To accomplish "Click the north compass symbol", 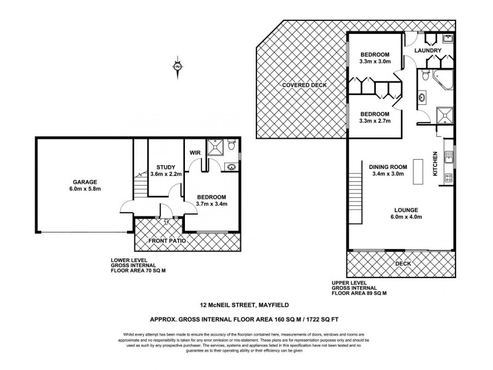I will tap(177, 67).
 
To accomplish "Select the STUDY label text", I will tap(166, 167).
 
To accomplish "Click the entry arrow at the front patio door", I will tap(166, 221).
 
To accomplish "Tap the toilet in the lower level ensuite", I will tap(230, 146).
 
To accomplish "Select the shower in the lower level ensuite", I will tap(216, 147).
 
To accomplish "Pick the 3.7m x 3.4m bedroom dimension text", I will tap(212, 203).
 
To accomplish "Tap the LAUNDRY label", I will tap(426, 51).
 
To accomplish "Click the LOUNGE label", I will tap(404, 209).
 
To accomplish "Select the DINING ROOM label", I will tap(388, 166).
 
